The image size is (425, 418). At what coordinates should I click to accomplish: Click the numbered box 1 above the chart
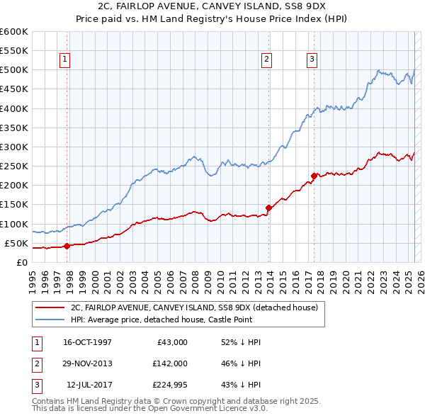coord(64,60)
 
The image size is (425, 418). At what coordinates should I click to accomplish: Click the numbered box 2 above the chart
coord(267,60)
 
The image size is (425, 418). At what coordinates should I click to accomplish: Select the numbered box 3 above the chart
coord(312,60)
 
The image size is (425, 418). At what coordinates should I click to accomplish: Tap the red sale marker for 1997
coord(67,246)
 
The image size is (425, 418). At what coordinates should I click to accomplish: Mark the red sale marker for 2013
coord(269,208)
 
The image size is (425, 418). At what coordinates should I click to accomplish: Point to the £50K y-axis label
coord(16,244)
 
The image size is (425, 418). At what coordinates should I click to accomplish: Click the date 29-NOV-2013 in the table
coord(87,363)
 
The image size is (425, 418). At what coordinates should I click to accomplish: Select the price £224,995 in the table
coord(168,385)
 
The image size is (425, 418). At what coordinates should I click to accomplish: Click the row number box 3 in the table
coord(35,385)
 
